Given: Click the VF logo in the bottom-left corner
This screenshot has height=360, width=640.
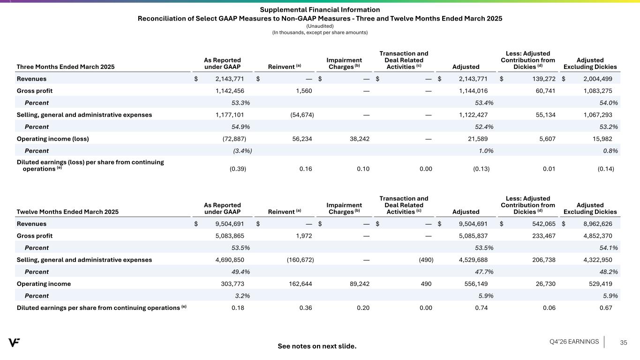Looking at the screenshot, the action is coord(14,342).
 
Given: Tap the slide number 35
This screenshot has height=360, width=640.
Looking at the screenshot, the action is coord(624,343).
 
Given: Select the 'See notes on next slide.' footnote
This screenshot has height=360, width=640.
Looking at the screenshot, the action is coord(317,346).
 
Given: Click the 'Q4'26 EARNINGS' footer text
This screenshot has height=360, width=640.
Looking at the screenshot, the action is coord(574,342).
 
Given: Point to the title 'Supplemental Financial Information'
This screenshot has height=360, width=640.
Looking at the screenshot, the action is coord(320,10).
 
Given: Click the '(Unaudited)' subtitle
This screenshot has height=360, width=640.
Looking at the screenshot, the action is coord(320,26).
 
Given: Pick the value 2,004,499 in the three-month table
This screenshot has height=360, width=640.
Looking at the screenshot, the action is coord(598,79).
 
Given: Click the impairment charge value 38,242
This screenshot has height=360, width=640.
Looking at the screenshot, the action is coord(360,139).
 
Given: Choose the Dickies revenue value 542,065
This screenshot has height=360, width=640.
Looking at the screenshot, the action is coord(544,224).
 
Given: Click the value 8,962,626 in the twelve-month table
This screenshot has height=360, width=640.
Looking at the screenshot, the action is coord(598,224).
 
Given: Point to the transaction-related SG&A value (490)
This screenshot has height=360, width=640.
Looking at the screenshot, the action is coord(426,260).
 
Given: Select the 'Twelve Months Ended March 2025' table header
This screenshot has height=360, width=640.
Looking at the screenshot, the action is coord(68,212).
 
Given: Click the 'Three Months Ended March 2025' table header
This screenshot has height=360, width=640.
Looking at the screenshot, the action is coord(66,67).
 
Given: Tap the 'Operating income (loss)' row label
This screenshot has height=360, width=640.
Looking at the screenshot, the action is coord(53,139).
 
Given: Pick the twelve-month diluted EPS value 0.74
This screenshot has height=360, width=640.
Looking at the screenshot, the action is coord(482,308).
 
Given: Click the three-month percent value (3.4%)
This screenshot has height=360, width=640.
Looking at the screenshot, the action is coord(242,151).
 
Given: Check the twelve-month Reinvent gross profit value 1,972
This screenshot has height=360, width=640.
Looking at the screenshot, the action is coord(304,236).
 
